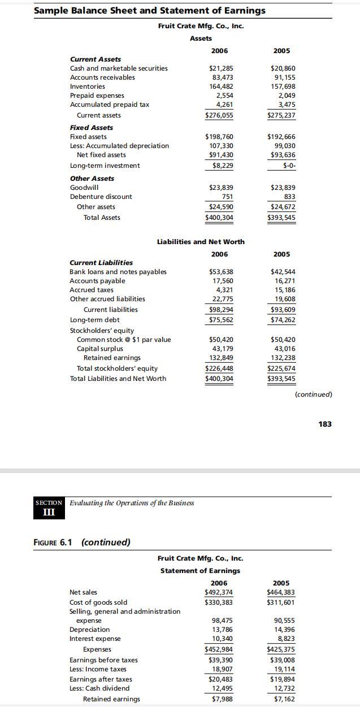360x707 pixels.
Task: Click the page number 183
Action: (325, 424)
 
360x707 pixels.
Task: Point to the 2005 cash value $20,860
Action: (283, 68)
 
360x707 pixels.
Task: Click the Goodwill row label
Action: (84, 188)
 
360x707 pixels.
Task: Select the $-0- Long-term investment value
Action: (289, 166)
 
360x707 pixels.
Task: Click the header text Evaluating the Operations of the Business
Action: (132, 503)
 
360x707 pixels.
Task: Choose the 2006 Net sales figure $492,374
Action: (218, 592)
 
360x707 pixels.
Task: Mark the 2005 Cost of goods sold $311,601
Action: (281, 602)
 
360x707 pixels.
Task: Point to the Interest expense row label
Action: (95, 639)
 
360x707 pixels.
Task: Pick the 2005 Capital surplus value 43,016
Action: (284, 349)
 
